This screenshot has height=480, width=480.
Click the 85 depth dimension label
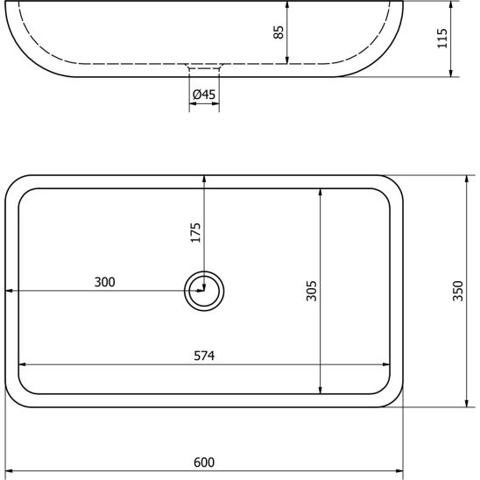click(x=279, y=32)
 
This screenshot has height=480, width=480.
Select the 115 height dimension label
click(x=442, y=39)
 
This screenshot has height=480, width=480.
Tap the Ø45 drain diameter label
click(x=204, y=95)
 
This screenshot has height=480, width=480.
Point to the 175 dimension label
click(x=195, y=233)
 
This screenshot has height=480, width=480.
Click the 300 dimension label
click(x=105, y=282)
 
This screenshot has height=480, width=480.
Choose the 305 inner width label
click(x=312, y=291)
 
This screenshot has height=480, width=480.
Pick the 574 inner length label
click(x=204, y=356)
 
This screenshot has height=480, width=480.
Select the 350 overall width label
click(x=458, y=291)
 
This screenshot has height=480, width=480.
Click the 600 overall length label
click(x=204, y=462)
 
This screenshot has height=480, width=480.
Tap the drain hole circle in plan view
click(x=204, y=272)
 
